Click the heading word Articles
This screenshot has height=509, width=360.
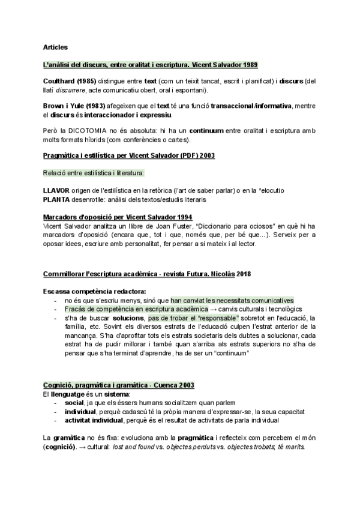click(x=56, y=47)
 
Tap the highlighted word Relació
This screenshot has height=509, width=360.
click(x=55, y=173)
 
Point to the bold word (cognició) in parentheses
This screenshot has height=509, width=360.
click(x=62, y=447)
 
